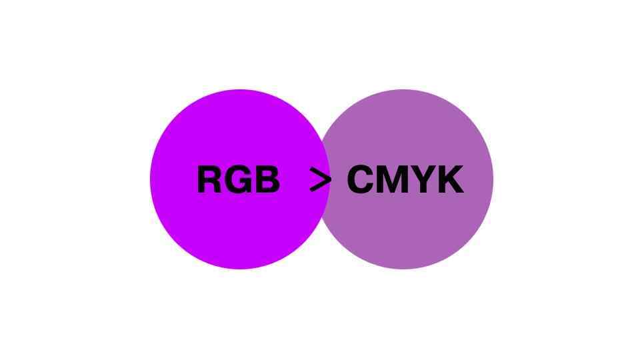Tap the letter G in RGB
[238, 180]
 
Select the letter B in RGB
[267, 180]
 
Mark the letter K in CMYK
[450, 180]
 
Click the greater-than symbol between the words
[321, 180]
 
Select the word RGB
[238, 180]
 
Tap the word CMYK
[405, 180]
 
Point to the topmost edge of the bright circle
[240, 91]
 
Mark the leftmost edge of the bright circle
[151, 179]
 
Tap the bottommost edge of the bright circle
[240, 268]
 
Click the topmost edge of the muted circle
[403, 91]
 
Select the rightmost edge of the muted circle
[493, 179]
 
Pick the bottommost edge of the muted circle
[403, 268]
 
